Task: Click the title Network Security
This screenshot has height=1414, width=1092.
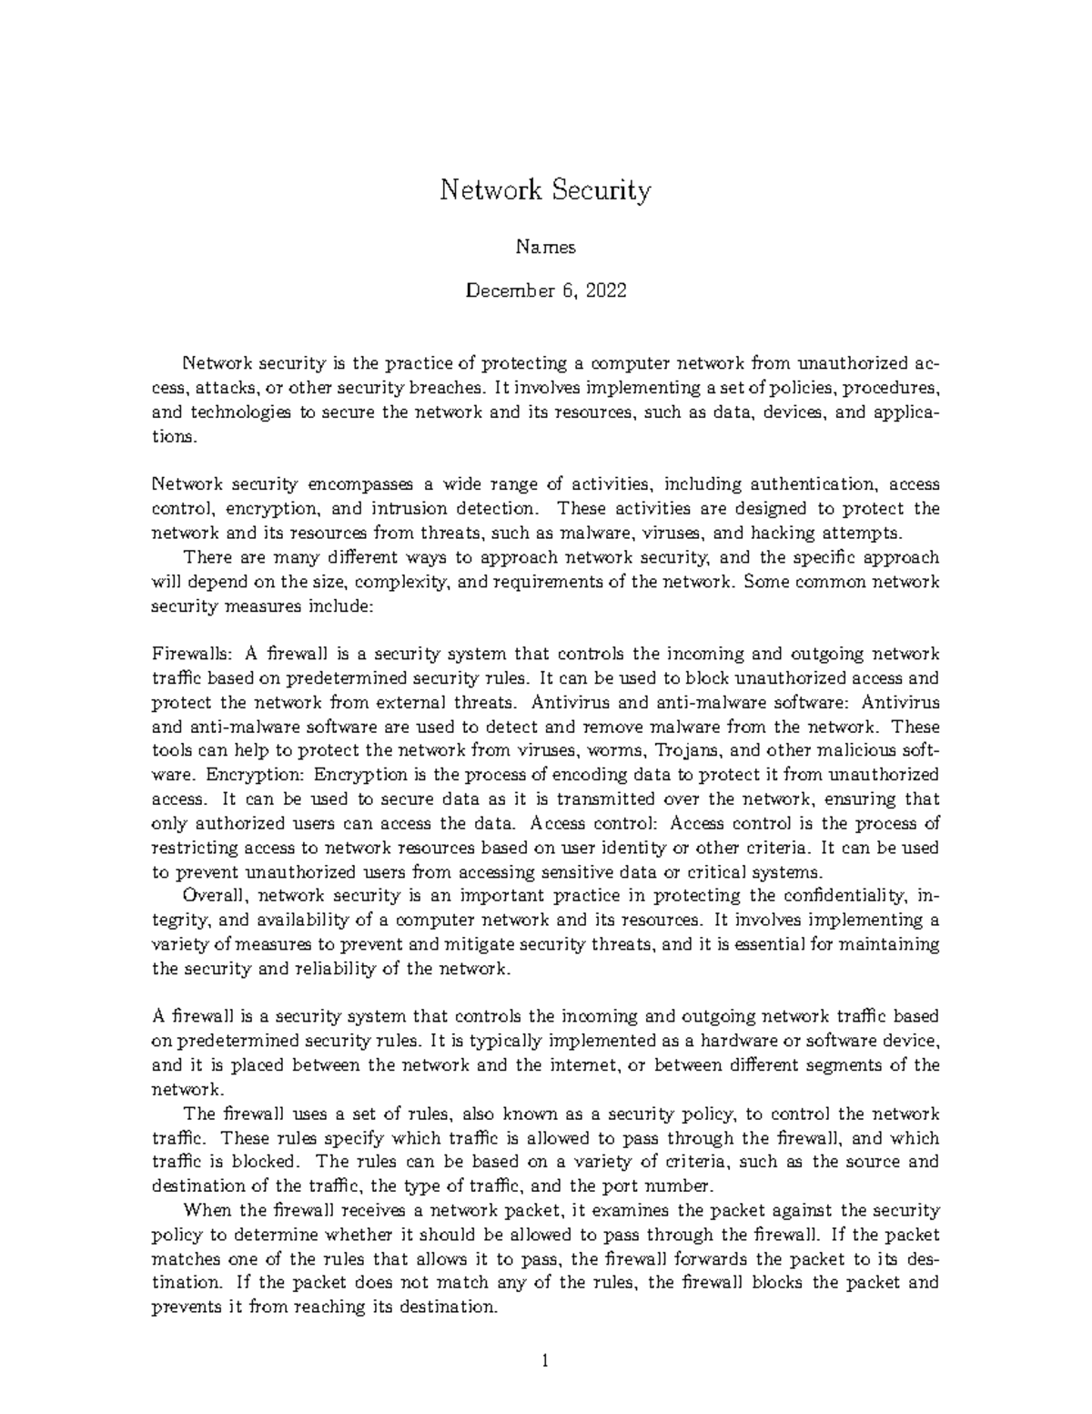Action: (546, 191)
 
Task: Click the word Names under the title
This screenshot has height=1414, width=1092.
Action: (546, 247)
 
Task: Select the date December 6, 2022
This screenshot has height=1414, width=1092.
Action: (546, 291)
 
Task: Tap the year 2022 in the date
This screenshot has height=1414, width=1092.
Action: (606, 291)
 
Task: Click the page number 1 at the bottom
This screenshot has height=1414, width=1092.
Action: (545, 1362)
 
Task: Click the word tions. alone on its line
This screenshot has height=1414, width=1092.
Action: (173, 436)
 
